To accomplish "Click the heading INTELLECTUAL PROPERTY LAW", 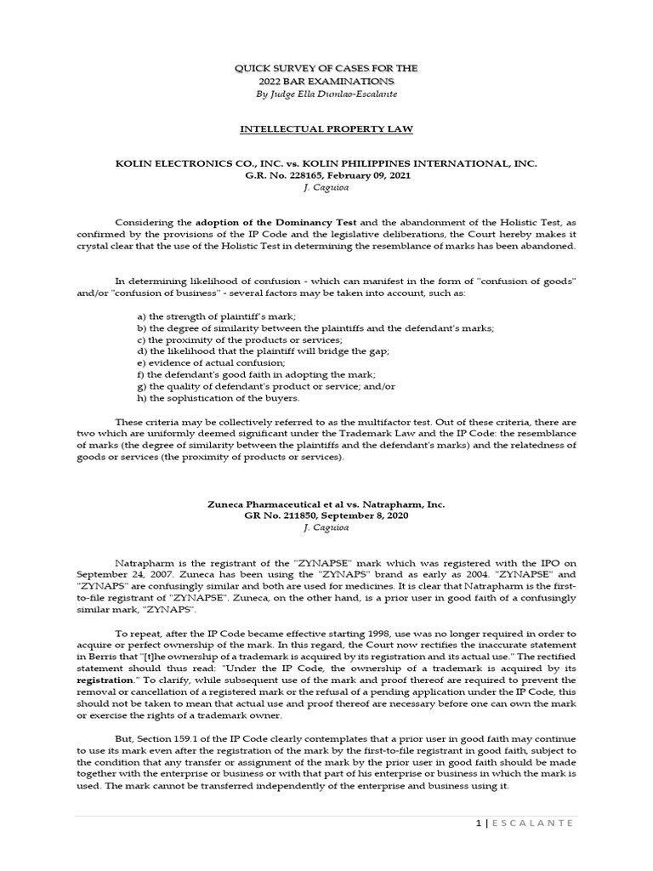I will [326, 130].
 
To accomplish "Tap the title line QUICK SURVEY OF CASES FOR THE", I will [326, 66].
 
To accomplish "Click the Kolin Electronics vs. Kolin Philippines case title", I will [326, 162].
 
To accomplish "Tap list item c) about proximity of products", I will [215, 339].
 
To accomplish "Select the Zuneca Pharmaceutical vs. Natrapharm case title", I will [326, 504].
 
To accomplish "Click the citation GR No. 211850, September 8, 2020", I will [326, 516].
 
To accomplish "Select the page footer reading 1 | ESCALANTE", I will [535, 823].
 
